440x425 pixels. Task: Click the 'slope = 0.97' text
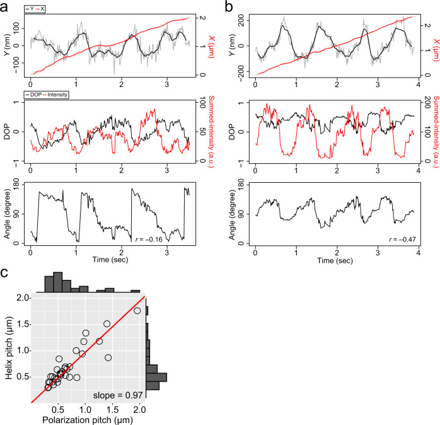point(119,394)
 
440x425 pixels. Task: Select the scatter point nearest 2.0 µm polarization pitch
point(137,310)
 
